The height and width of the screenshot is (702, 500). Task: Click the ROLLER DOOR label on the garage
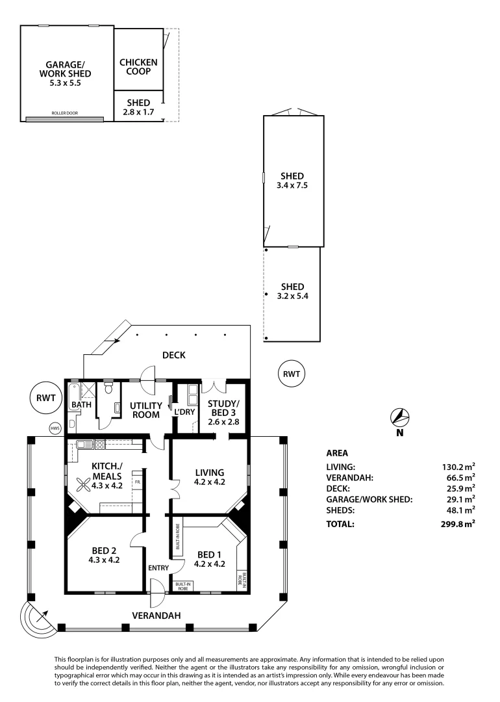[x=64, y=113]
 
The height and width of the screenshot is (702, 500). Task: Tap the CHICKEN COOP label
[x=138, y=66]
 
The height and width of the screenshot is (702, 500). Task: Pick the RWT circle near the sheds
[x=292, y=374]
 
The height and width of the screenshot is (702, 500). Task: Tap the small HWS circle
[x=56, y=428]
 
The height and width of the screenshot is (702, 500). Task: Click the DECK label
[x=174, y=355]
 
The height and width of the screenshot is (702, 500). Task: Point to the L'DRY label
[x=180, y=411]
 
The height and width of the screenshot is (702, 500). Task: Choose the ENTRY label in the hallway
[x=158, y=567]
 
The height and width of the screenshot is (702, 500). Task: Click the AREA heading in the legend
[x=337, y=452]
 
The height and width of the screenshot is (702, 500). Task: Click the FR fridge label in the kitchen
[x=137, y=482]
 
